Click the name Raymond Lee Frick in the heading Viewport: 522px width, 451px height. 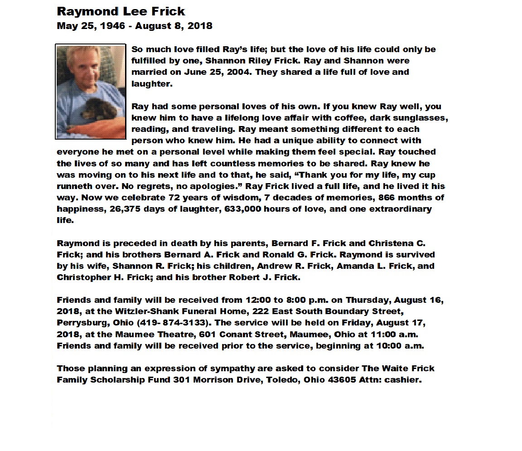pyautogui.click(x=121, y=11)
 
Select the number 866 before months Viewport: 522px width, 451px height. pyautogui.click(x=380, y=198)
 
